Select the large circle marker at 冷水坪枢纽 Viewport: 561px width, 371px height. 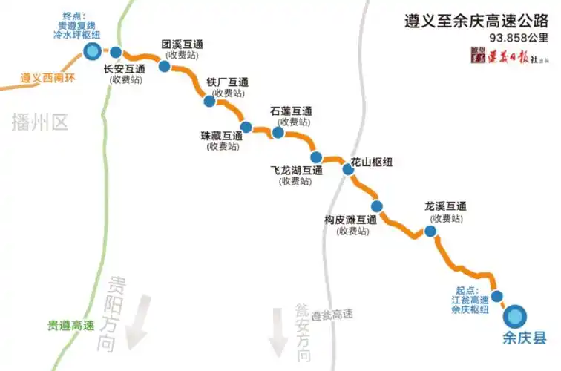[93, 51]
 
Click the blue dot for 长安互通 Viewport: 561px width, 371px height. [117, 53]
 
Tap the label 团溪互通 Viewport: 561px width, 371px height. [183, 44]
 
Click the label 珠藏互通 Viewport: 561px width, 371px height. [222, 136]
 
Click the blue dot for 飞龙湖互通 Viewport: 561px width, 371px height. [316, 157]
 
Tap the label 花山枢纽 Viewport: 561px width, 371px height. [371, 161]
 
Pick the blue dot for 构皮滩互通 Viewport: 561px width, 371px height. [377, 206]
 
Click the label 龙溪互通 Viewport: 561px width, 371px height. [445, 207]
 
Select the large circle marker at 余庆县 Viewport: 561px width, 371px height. [514, 316]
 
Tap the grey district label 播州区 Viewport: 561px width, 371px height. [40, 122]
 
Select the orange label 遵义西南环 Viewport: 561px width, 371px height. [50, 76]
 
